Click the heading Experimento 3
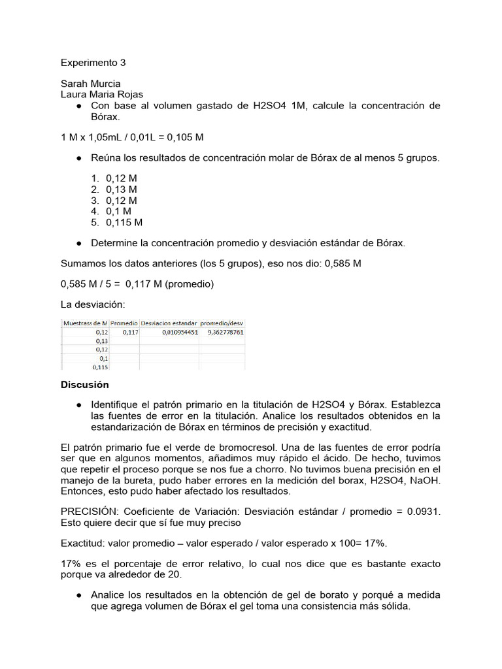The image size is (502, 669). click(x=93, y=63)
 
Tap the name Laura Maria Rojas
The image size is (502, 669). click(x=102, y=95)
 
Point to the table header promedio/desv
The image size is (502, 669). click(x=222, y=323)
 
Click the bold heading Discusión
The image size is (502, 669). click(x=85, y=385)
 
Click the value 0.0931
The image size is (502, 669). click(x=422, y=512)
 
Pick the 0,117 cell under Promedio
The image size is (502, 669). click(x=130, y=332)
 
